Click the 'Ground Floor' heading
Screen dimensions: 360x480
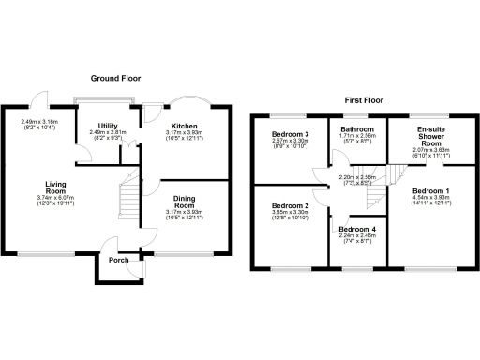click(117, 79)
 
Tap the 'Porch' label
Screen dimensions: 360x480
click(118, 260)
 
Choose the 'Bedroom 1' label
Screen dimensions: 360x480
click(430, 190)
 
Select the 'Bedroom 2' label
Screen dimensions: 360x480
click(290, 205)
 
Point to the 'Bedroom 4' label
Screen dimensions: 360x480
click(356, 230)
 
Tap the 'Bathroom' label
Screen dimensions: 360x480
click(357, 130)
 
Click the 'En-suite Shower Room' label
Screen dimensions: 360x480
click(429, 137)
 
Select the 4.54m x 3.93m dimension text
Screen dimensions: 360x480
click(430, 201)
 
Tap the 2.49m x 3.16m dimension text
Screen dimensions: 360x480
click(39, 122)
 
